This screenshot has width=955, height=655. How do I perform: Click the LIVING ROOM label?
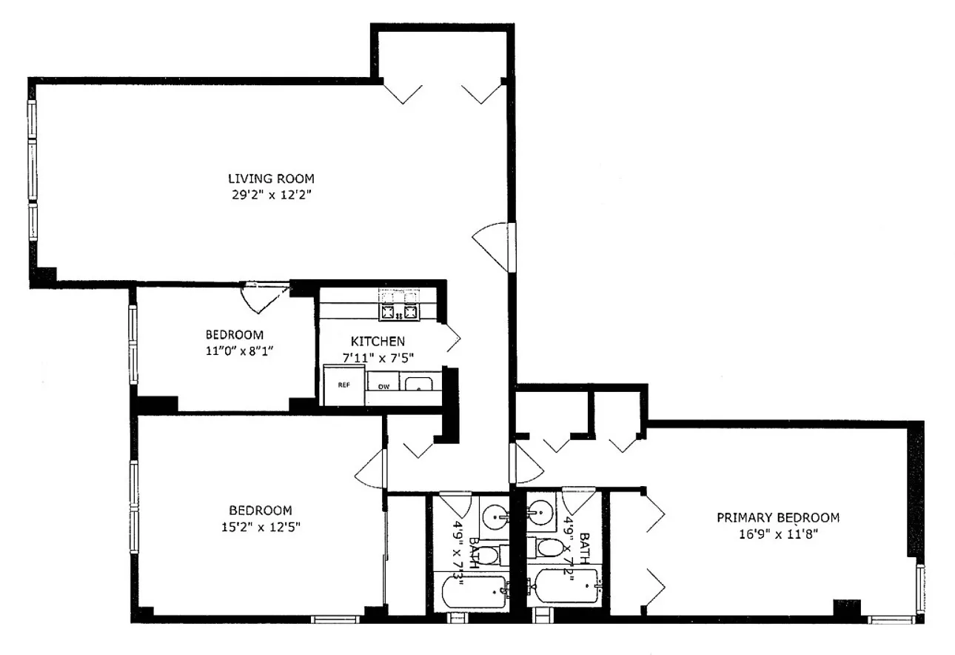[x=270, y=179]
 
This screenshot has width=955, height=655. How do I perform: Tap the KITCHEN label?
[x=378, y=342]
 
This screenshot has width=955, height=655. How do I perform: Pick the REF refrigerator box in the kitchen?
[x=344, y=385]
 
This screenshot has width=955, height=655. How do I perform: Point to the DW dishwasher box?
[x=383, y=386]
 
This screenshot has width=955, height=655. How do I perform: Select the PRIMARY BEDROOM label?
[x=777, y=518]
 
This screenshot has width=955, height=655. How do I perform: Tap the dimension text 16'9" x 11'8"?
[x=777, y=533]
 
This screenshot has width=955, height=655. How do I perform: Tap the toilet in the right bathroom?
[x=552, y=549]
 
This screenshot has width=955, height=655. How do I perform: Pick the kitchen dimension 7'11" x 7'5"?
[x=378, y=357]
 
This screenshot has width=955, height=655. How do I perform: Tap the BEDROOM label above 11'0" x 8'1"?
[x=234, y=335]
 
